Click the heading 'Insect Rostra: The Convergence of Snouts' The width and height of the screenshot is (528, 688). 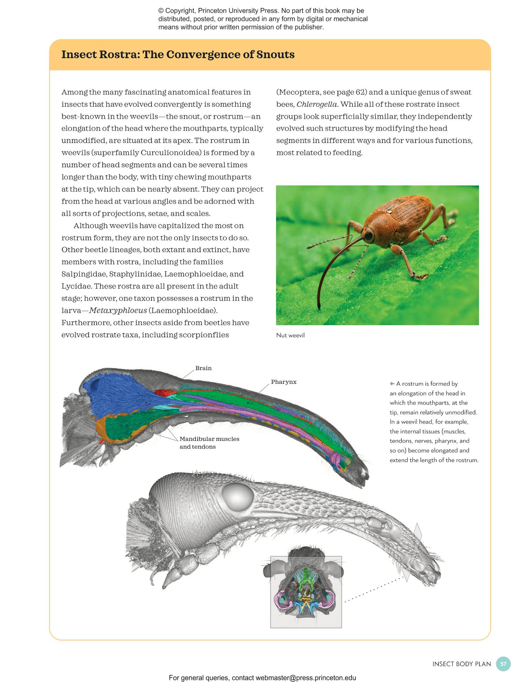coord(178,55)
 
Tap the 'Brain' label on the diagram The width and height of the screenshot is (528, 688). coord(203,368)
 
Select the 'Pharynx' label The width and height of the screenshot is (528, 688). coord(283,382)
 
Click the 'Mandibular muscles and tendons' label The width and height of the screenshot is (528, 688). coord(209,443)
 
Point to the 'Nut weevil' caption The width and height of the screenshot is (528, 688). coord(290,335)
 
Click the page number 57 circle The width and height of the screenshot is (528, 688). coord(503,664)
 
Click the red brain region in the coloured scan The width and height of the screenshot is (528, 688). coord(164,392)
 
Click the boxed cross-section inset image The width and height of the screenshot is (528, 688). coord(306,592)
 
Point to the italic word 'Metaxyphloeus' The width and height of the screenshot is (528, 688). coord(118,311)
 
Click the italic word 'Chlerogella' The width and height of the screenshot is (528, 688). coord(317,105)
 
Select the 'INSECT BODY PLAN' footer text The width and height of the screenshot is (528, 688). coord(461,664)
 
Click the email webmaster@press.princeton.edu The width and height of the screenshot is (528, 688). coord(306,678)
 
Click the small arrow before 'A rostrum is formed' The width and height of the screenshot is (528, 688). coord(392,384)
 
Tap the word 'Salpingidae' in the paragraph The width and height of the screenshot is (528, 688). coord(84,274)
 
